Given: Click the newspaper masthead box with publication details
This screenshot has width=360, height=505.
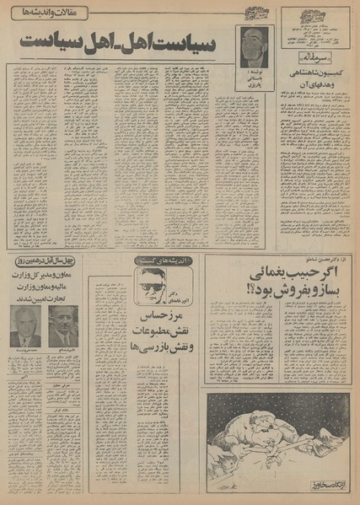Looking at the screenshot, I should pyautogui.click(x=316, y=29).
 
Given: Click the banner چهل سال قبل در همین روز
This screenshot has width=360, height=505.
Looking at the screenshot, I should pyautogui.click(x=43, y=261).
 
